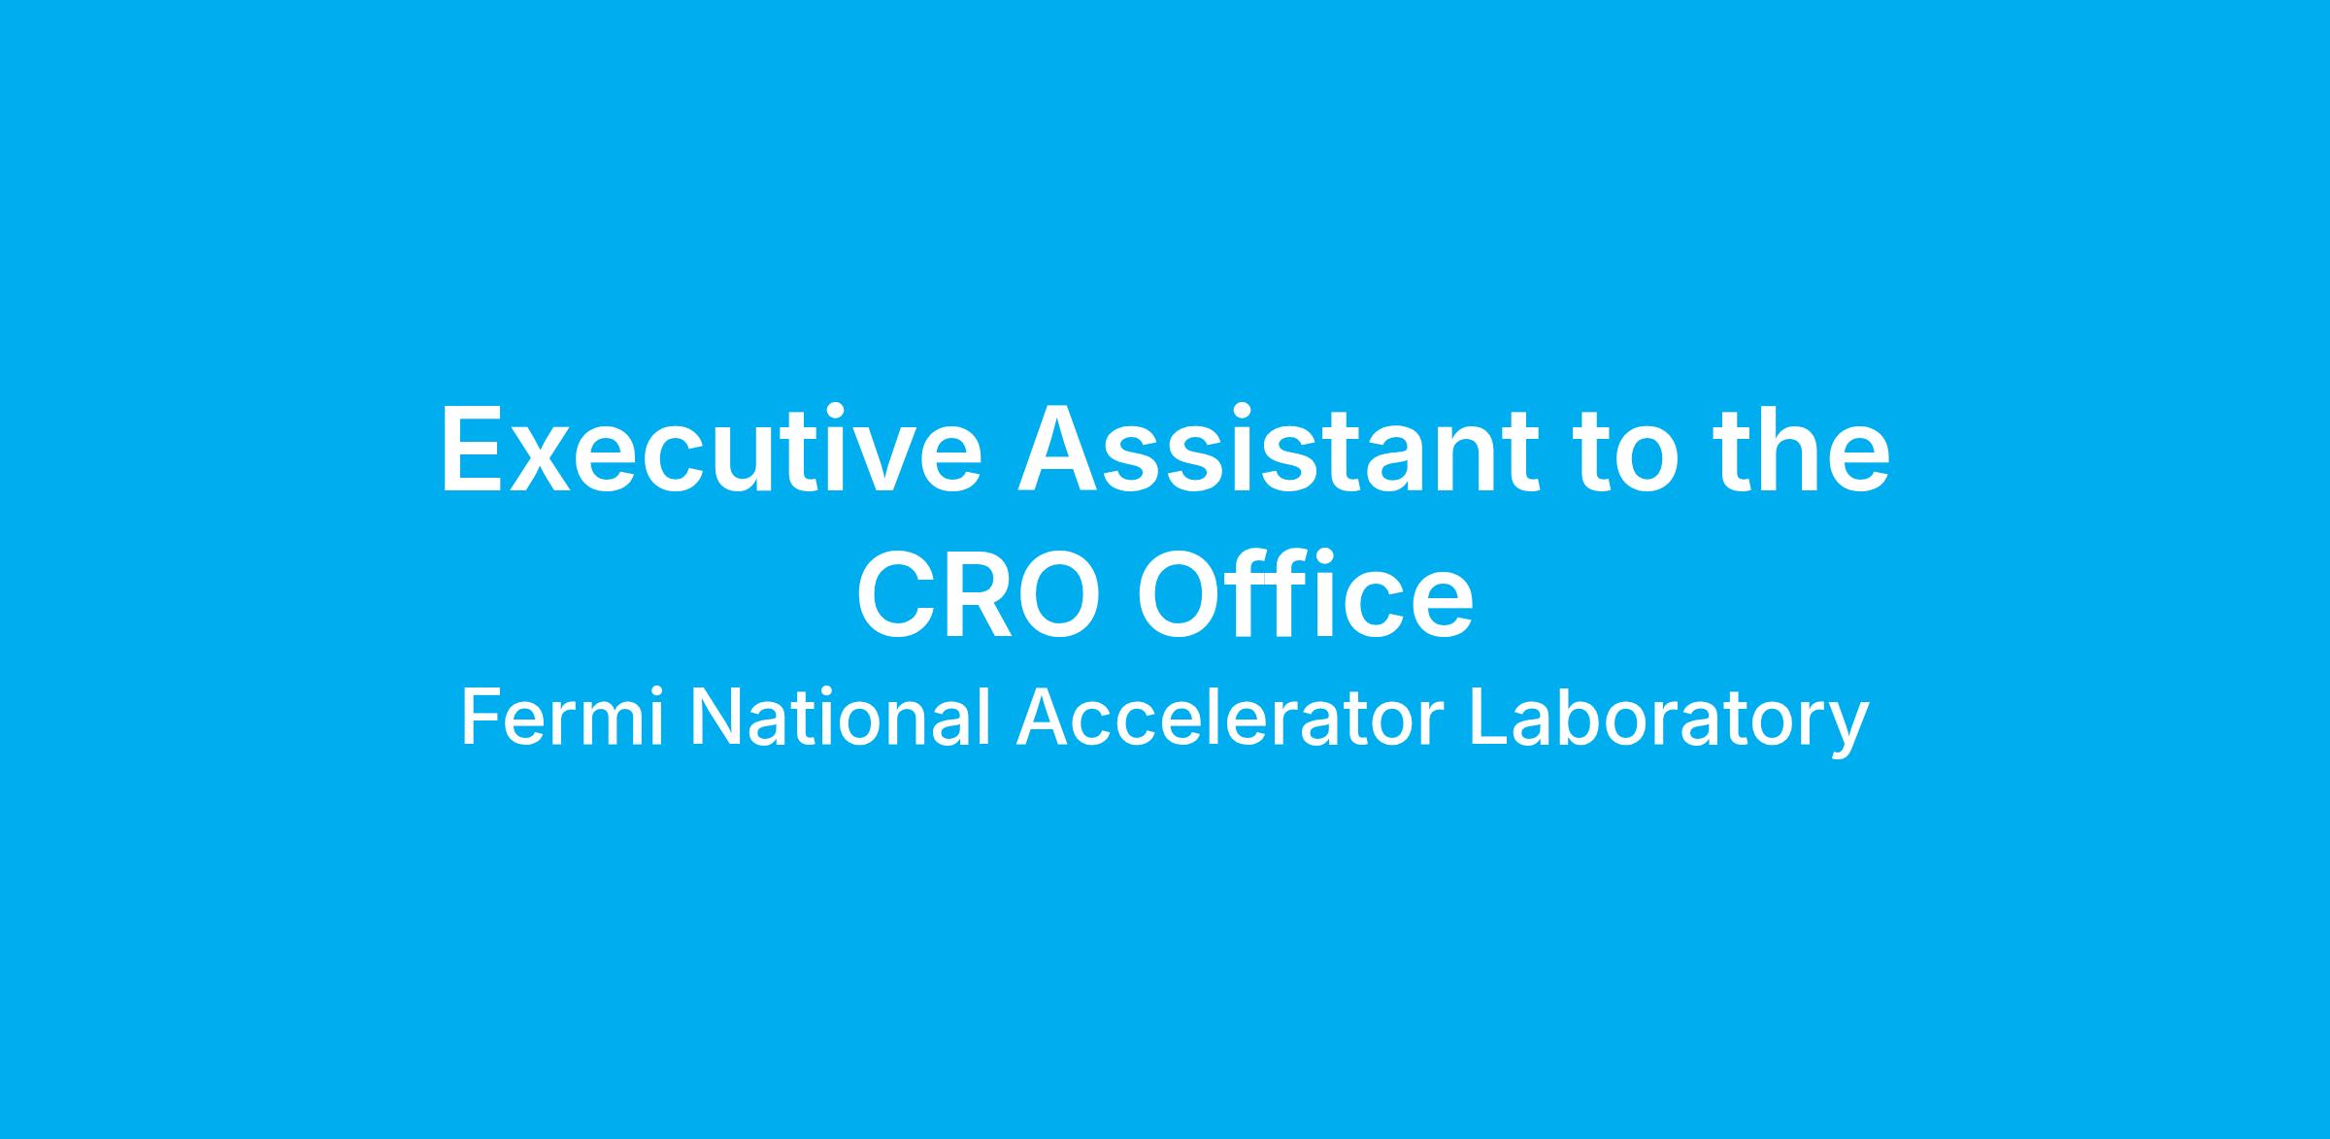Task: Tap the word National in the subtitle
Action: click(840, 718)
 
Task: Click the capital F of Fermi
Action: click(483, 718)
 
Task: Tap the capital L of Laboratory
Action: click(1489, 718)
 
